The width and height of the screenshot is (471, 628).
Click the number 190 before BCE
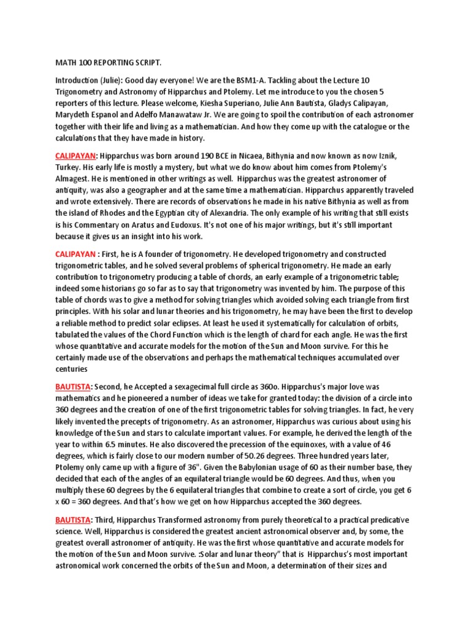(210, 156)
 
